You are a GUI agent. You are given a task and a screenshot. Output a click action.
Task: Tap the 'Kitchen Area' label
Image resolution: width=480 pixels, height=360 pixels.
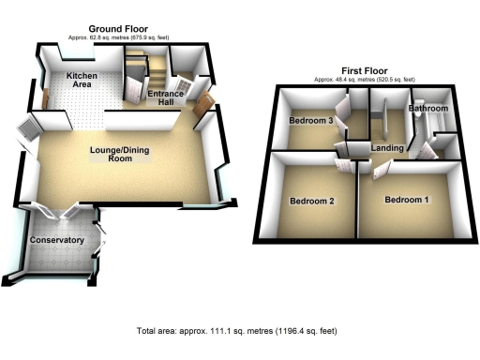tap(81, 81)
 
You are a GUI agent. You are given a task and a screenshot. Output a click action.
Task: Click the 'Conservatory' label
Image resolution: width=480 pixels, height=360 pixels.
tap(57, 241)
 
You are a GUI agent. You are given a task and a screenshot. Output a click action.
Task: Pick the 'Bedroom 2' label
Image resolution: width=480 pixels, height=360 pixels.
tap(311, 201)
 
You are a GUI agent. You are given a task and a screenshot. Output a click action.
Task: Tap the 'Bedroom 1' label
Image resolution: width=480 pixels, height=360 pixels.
tap(408, 201)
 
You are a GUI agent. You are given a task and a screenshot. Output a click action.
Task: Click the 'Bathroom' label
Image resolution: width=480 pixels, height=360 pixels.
tap(428, 110)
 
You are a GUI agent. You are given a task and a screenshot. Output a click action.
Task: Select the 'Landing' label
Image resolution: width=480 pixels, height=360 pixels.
tap(387, 148)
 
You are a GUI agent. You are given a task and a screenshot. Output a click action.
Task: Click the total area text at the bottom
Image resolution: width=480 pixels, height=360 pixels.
tap(236, 331)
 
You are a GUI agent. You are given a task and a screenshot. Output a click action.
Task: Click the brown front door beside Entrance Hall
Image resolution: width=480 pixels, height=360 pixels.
tap(200, 119)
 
